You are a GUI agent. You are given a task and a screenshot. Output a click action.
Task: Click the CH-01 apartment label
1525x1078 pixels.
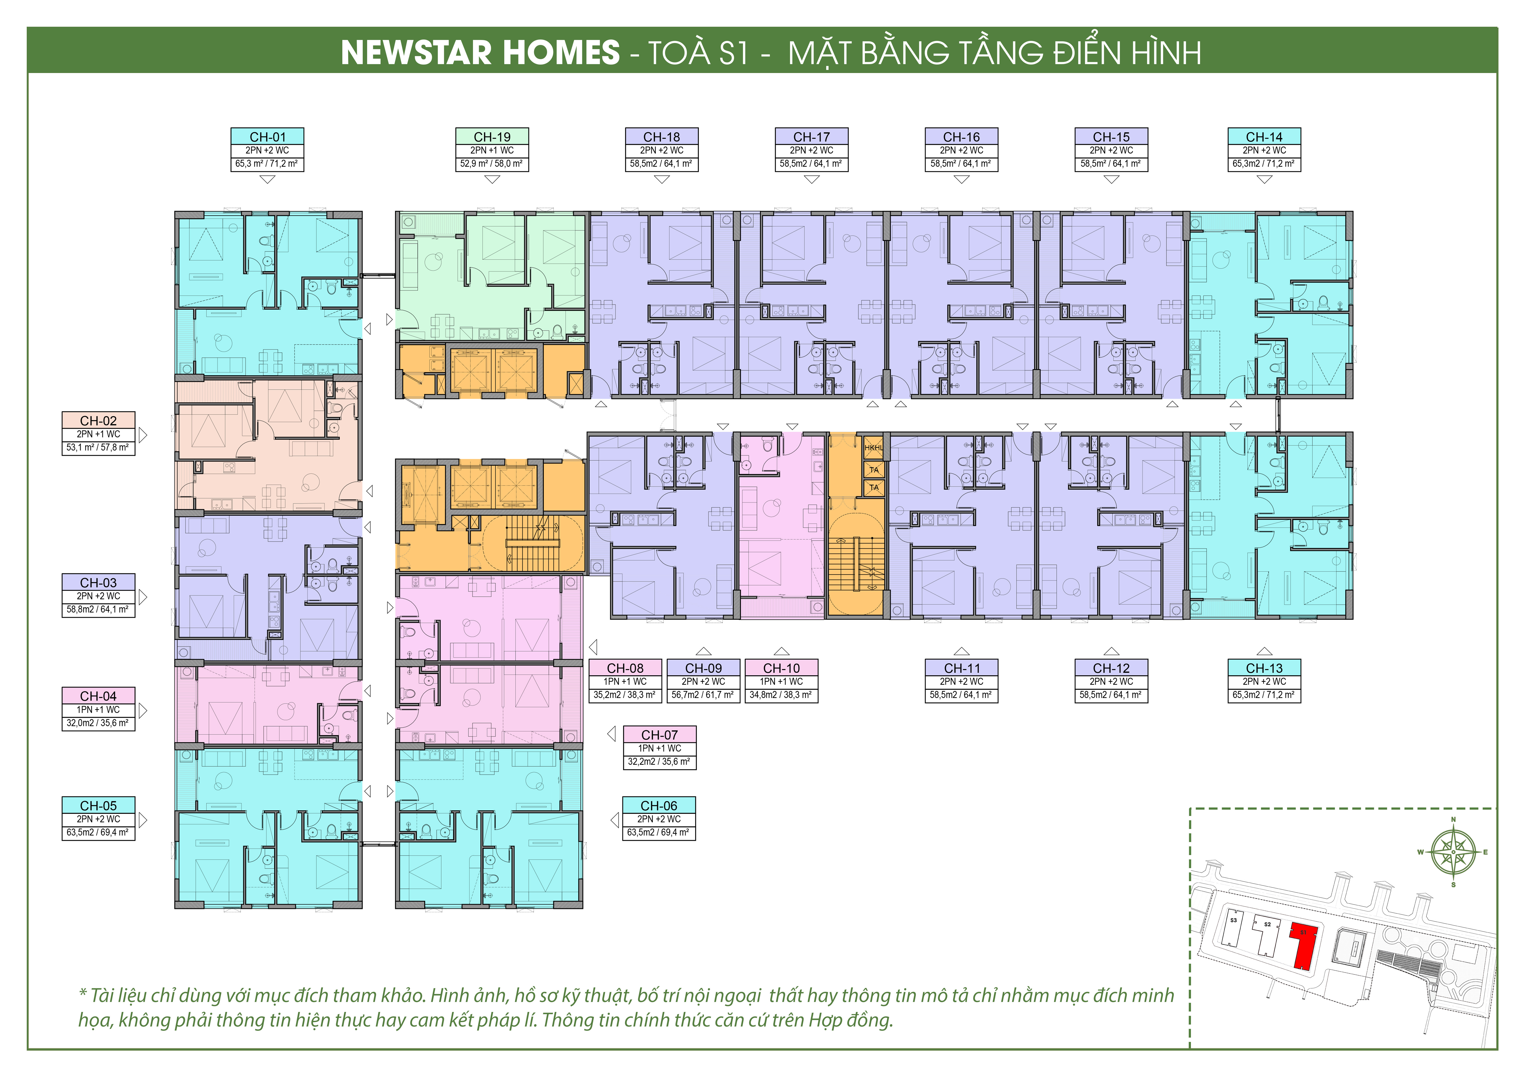coord(268,137)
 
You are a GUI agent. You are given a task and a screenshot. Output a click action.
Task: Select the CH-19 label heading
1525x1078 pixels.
coord(492,137)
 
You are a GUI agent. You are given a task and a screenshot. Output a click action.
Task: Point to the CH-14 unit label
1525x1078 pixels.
coord(1264,137)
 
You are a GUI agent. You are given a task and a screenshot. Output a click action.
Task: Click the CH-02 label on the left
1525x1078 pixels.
coord(98,420)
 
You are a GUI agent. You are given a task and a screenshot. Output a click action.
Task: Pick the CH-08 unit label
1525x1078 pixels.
coord(625,668)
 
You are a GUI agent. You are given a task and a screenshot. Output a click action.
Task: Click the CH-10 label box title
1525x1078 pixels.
coord(782,668)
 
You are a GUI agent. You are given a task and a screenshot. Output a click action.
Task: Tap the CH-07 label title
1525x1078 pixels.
coord(659,735)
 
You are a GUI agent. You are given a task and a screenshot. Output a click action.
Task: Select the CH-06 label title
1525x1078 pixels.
coord(659,806)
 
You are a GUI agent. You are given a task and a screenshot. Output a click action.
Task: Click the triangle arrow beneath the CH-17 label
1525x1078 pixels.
coord(812,179)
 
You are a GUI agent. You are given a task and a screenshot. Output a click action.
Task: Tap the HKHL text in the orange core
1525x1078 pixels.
coord(873,448)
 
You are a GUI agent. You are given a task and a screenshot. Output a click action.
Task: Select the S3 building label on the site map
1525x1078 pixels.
coord(1234,921)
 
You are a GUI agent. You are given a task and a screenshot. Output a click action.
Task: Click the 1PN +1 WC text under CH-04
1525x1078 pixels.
coord(98,709)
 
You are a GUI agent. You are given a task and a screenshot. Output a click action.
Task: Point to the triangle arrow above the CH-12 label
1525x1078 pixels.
coord(1111,652)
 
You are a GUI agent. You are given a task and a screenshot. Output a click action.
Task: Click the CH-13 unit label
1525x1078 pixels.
coord(1264,668)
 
